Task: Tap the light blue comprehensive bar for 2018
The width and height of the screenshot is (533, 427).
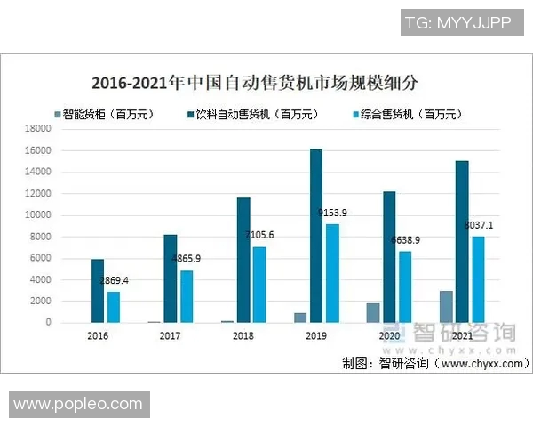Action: (x=259, y=285)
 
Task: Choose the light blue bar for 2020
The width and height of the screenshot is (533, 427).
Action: (x=405, y=286)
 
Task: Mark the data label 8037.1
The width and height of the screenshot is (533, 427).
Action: (x=481, y=226)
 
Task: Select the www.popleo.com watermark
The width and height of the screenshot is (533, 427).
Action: (x=78, y=404)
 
